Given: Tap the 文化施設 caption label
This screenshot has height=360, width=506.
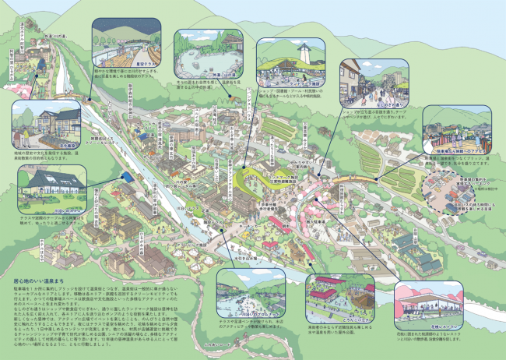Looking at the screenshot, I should [x=47, y=144].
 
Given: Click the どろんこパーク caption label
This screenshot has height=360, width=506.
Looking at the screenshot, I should [x=336, y=319].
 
